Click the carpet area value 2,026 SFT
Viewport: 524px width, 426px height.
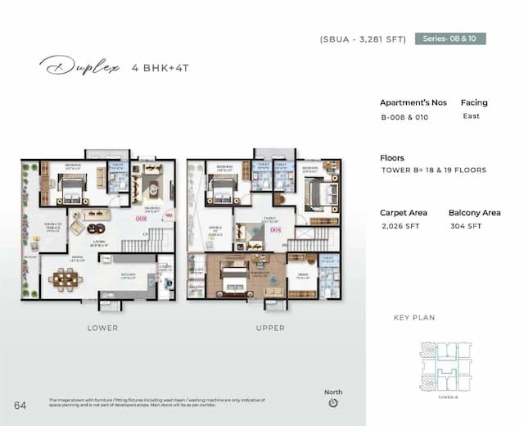coord(400,226)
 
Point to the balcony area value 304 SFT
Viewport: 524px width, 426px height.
coord(464,226)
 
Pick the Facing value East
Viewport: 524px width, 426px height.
coord(471,116)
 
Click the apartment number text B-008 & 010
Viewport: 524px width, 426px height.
coord(404,117)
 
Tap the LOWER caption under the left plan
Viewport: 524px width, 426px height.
coord(102,328)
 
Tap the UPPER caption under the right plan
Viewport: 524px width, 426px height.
coord(270,328)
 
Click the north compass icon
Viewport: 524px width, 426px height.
coord(332,403)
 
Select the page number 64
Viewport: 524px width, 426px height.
coord(20,405)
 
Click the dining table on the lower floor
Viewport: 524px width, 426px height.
coord(63,279)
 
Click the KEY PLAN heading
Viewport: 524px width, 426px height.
coord(414,318)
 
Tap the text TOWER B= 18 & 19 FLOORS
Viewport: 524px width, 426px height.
coord(434,170)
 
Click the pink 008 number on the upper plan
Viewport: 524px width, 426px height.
coord(276,230)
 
